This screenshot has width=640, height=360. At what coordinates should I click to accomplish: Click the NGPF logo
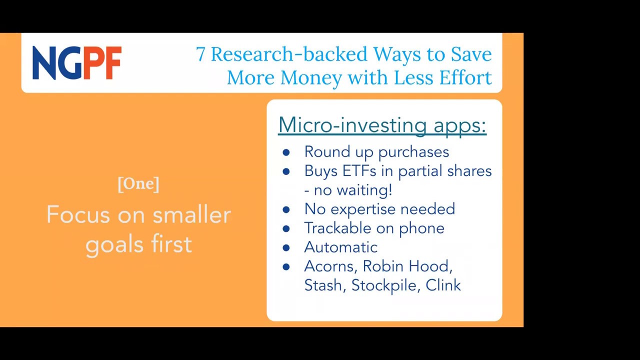tap(77, 63)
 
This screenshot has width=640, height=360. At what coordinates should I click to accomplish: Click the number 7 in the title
tap(200, 54)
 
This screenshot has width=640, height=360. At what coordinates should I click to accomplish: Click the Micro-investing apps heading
tap(382, 125)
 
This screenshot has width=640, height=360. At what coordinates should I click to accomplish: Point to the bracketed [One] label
tap(138, 184)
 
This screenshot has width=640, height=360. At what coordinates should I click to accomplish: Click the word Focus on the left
tap(78, 214)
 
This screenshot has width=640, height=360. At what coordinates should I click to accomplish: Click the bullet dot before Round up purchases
tap(286, 152)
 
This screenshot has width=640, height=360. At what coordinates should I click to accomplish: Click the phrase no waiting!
tap(353, 190)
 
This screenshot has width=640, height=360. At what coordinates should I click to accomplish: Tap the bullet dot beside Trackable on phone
tap(286, 228)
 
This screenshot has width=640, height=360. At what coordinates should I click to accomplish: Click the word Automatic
tap(341, 247)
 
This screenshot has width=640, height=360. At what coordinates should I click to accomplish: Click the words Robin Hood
tap(407, 266)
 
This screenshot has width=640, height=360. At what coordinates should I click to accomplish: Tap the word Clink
tap(443, 285)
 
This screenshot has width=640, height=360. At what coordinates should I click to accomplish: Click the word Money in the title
tap(311, 77)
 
